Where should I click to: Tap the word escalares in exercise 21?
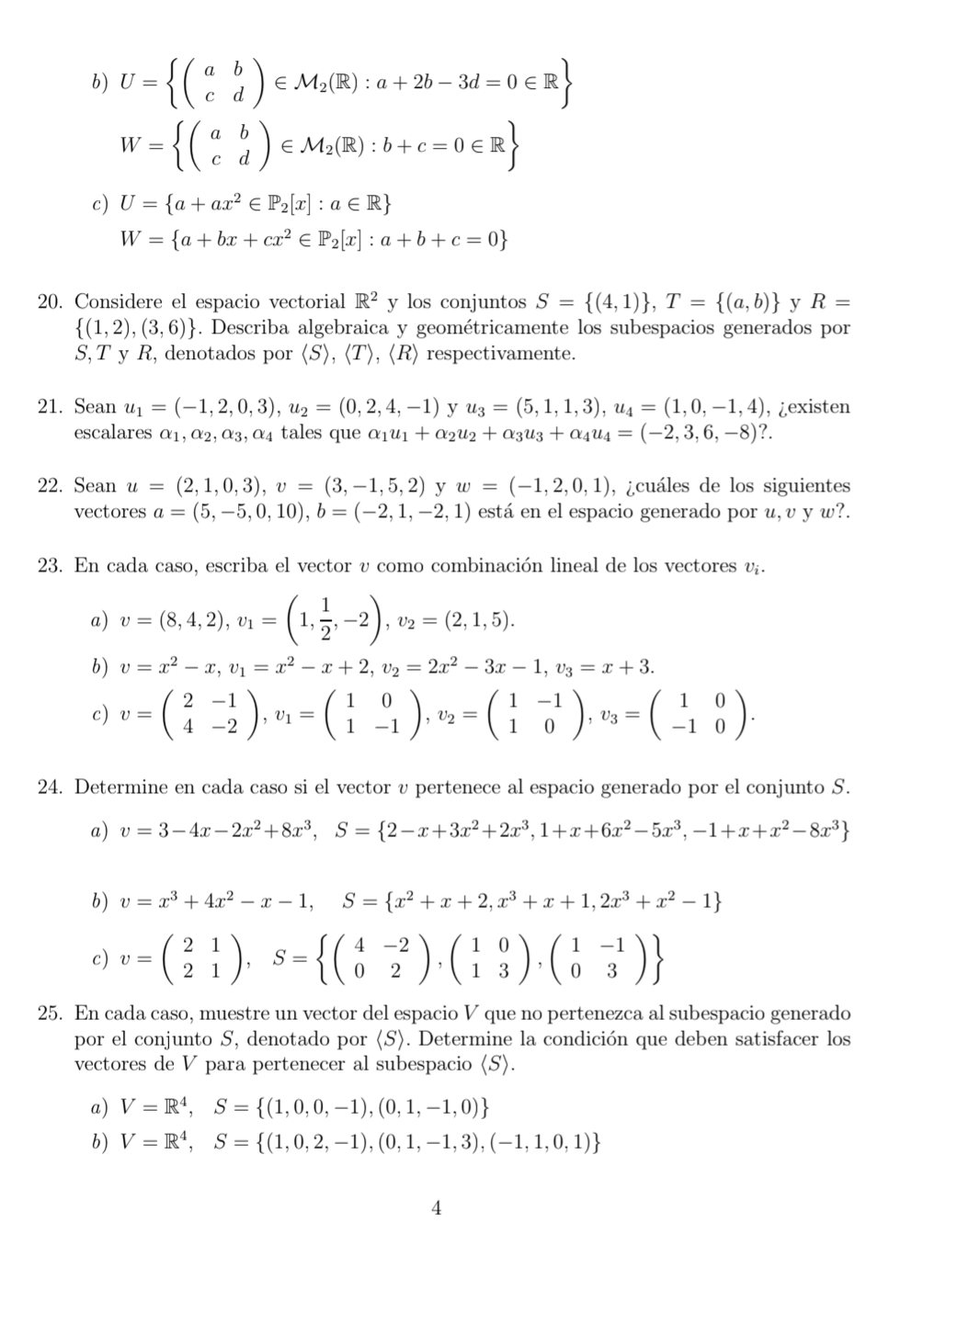(x=113, y=433)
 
